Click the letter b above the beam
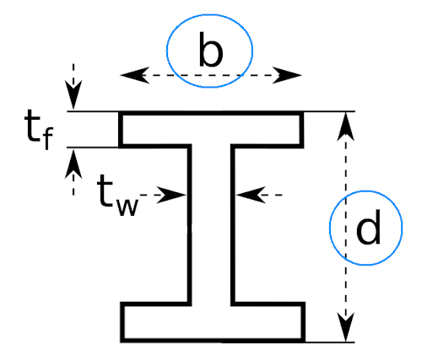pos(211,50)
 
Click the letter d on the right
pos(368,227)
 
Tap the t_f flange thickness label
pos(39,130)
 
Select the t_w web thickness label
pos(117,195)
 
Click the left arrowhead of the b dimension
pos(135,75)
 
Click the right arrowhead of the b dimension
pos(287,75)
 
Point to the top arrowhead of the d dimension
pos(346,126)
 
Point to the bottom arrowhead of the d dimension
pos(346,327)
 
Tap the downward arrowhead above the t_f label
pos(73,94)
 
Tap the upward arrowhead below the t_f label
pos(73,164)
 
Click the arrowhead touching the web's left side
pos(171,195)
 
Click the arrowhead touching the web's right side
pos(251,195)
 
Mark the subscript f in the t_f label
pos(47,138)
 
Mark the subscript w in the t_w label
pos(128,207)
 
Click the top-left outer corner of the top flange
pos(119,111)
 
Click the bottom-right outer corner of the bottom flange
pos(306,342)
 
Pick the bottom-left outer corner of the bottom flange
pos(121,342)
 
